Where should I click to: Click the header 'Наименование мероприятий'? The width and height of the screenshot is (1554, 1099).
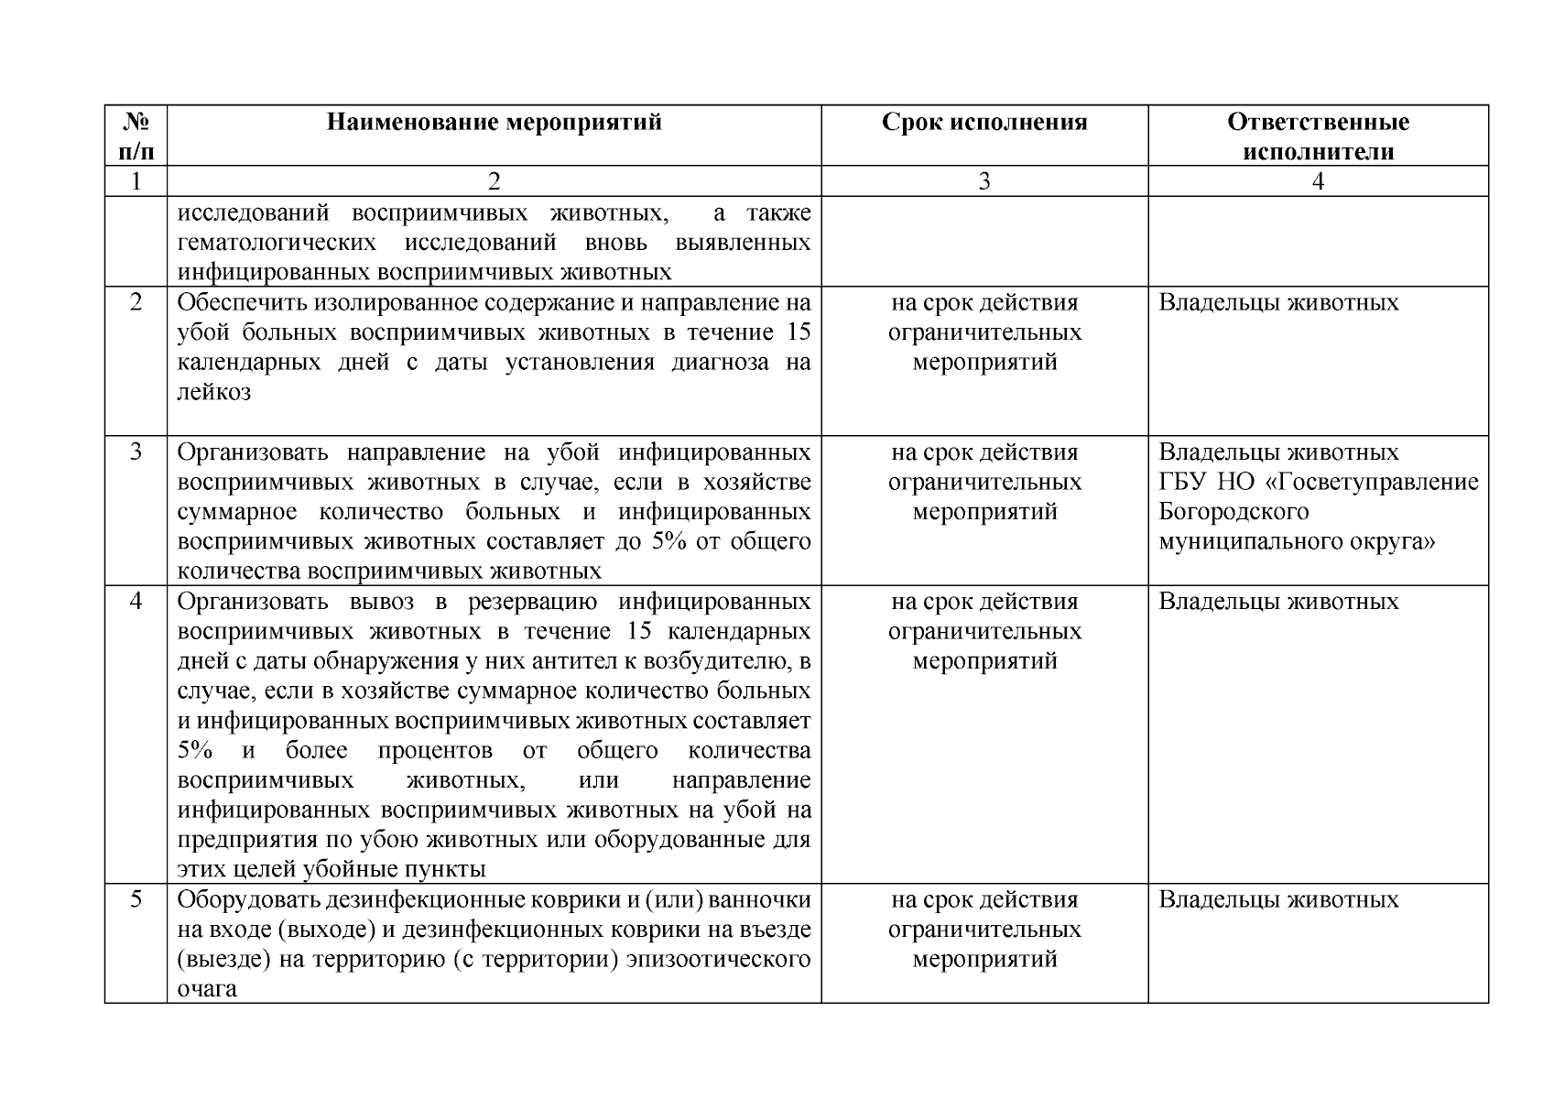[x=494, y=123]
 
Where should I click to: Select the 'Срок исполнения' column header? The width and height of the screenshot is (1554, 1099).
[x=984, y=123]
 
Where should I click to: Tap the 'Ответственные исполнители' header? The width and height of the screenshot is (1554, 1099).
[x=1318, y=136]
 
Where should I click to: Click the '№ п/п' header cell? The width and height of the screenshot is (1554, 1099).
[x=136, y=136]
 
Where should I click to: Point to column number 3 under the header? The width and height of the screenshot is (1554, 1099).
[x=984, y=181]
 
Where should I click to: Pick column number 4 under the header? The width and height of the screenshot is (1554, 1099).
[x=1318, y=181]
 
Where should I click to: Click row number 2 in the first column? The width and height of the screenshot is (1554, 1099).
[x=136, y=302]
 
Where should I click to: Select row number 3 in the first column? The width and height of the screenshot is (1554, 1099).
[x=136, y=452]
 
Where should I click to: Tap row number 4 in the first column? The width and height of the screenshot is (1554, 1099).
[x=136, y=601]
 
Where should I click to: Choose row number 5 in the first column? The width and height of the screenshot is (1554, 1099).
[x=136, y=899]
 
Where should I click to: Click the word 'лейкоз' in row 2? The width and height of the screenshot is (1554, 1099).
[x=213, y=392]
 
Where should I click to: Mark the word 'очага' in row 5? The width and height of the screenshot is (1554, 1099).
[x=207, y=989]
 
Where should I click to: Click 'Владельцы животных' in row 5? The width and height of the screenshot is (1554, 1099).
[x=1278, y=899]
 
